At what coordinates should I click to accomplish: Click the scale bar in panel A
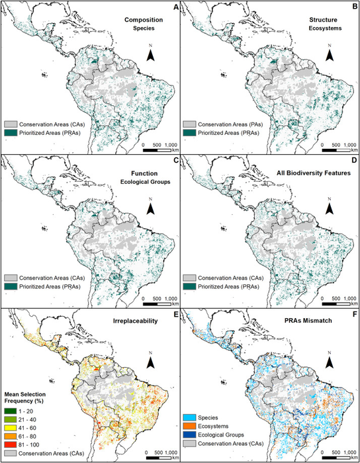point(157,148)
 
